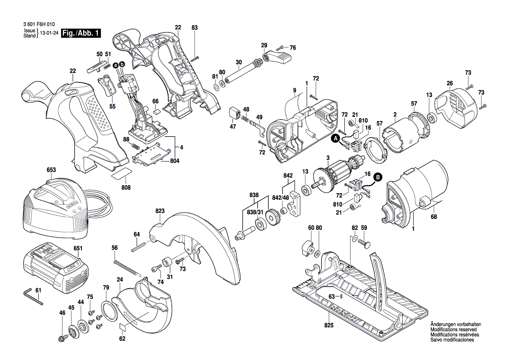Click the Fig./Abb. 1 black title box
click(81, 33)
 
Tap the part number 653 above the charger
click(51, 170)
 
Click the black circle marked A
click(335, 139)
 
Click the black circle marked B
click(378, 177)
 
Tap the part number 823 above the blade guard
click(160, 211)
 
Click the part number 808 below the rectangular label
click(126, 187)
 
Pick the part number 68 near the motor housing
click(434, 216)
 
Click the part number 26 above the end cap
click(450, 83)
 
